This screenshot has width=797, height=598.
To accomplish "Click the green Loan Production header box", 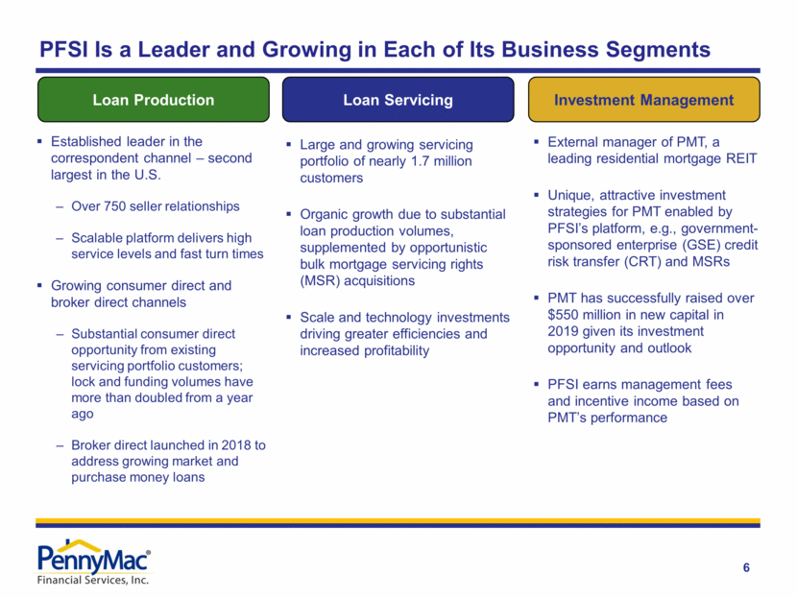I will click(154, 100).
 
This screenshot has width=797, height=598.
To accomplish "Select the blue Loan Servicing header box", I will click(398, 100).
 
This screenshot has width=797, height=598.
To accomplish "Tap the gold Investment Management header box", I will click(644, 100).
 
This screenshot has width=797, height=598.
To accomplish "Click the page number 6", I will click(746, 568).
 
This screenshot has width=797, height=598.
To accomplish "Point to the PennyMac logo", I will click(93, 558).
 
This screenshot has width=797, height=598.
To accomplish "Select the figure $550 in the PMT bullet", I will click(554, 314).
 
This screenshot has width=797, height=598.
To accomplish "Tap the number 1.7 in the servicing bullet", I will click(447, 161).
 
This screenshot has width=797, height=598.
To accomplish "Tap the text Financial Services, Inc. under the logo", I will click(92, 579).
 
